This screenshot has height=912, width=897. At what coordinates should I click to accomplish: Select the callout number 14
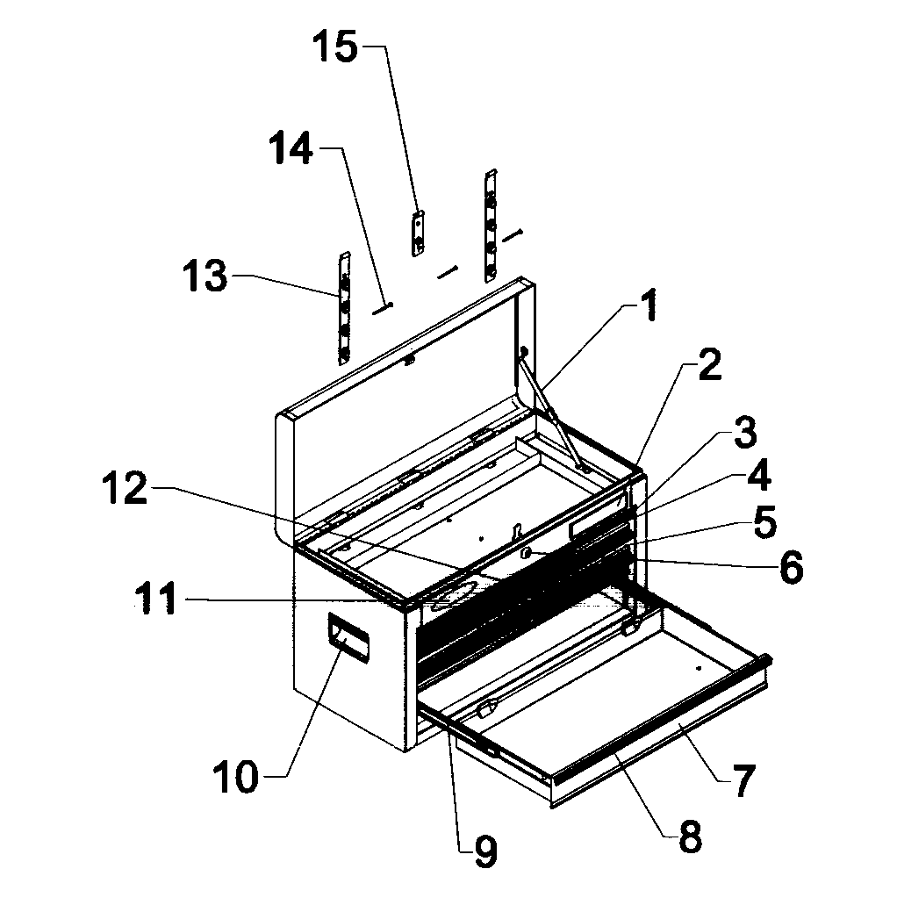[x=291, y=149]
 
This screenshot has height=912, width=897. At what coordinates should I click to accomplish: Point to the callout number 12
[x=123, y=490]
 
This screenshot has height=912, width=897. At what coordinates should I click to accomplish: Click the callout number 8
[x=690, y=837]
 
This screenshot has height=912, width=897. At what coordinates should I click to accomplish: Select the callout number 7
[x=743, y=781]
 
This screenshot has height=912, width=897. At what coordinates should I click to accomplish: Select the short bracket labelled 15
[x=419, y=233]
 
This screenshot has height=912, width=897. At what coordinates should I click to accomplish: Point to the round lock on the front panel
[x=526, y=552]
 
